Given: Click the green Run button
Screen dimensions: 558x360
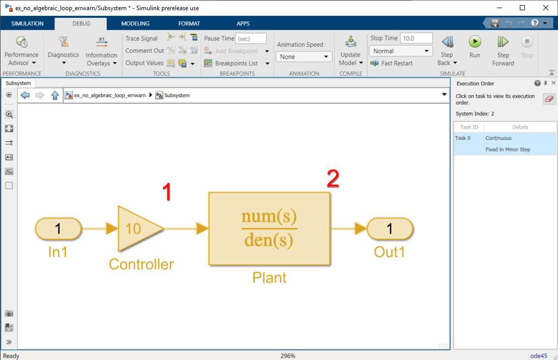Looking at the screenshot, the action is coord(475,42).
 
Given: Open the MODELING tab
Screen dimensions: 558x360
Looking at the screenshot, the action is coord(135,23).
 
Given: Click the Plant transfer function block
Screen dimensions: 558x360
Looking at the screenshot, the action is coord(270,229).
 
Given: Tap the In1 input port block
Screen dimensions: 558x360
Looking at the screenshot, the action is coord(58,228).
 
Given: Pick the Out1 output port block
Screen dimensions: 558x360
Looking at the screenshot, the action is coord(390,228).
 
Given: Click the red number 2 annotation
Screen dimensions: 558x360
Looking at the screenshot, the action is coord(333,178).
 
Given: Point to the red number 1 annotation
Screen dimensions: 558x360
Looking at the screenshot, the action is coord(167,192).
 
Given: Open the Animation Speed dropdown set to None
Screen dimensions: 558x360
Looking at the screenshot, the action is coord(304,56).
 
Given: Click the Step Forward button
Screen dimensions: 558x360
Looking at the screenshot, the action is coord(503,51).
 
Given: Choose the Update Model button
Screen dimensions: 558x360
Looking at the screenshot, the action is coord(350,51).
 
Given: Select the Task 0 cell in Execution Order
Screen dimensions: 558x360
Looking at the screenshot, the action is coord(468,138).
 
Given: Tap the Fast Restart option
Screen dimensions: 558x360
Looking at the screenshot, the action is coord(392,64).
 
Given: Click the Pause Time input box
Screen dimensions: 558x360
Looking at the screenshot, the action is coord(251,39).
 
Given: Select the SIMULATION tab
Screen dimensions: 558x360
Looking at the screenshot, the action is coord(27,23).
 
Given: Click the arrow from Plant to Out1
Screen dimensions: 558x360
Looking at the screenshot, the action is coord(349,228).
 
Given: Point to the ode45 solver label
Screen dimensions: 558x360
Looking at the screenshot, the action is coord(539,356).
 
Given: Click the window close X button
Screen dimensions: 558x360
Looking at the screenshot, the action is coord(546,8).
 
